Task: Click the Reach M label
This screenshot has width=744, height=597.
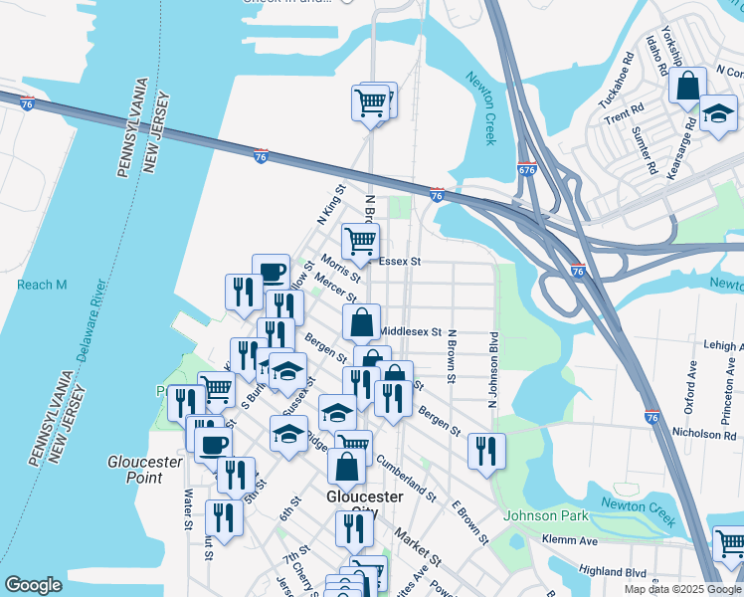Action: pyautogui.click(x=42, y=286)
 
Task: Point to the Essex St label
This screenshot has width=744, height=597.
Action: pyautogui.click(x=402, y=262)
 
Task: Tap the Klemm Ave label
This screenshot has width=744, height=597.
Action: pyautogui.click(x=570, y=539)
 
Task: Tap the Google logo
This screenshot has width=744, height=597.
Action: pyautogui.click(x=33, y=585)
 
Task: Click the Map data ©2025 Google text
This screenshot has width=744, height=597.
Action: pyautogui.click(x=681, y=589)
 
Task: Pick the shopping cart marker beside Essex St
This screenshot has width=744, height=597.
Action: pyautogui.click(x=360, y=240)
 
